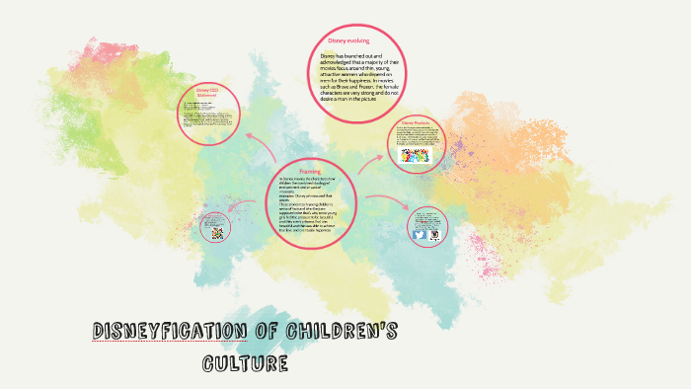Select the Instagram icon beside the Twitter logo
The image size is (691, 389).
coord(432,235)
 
